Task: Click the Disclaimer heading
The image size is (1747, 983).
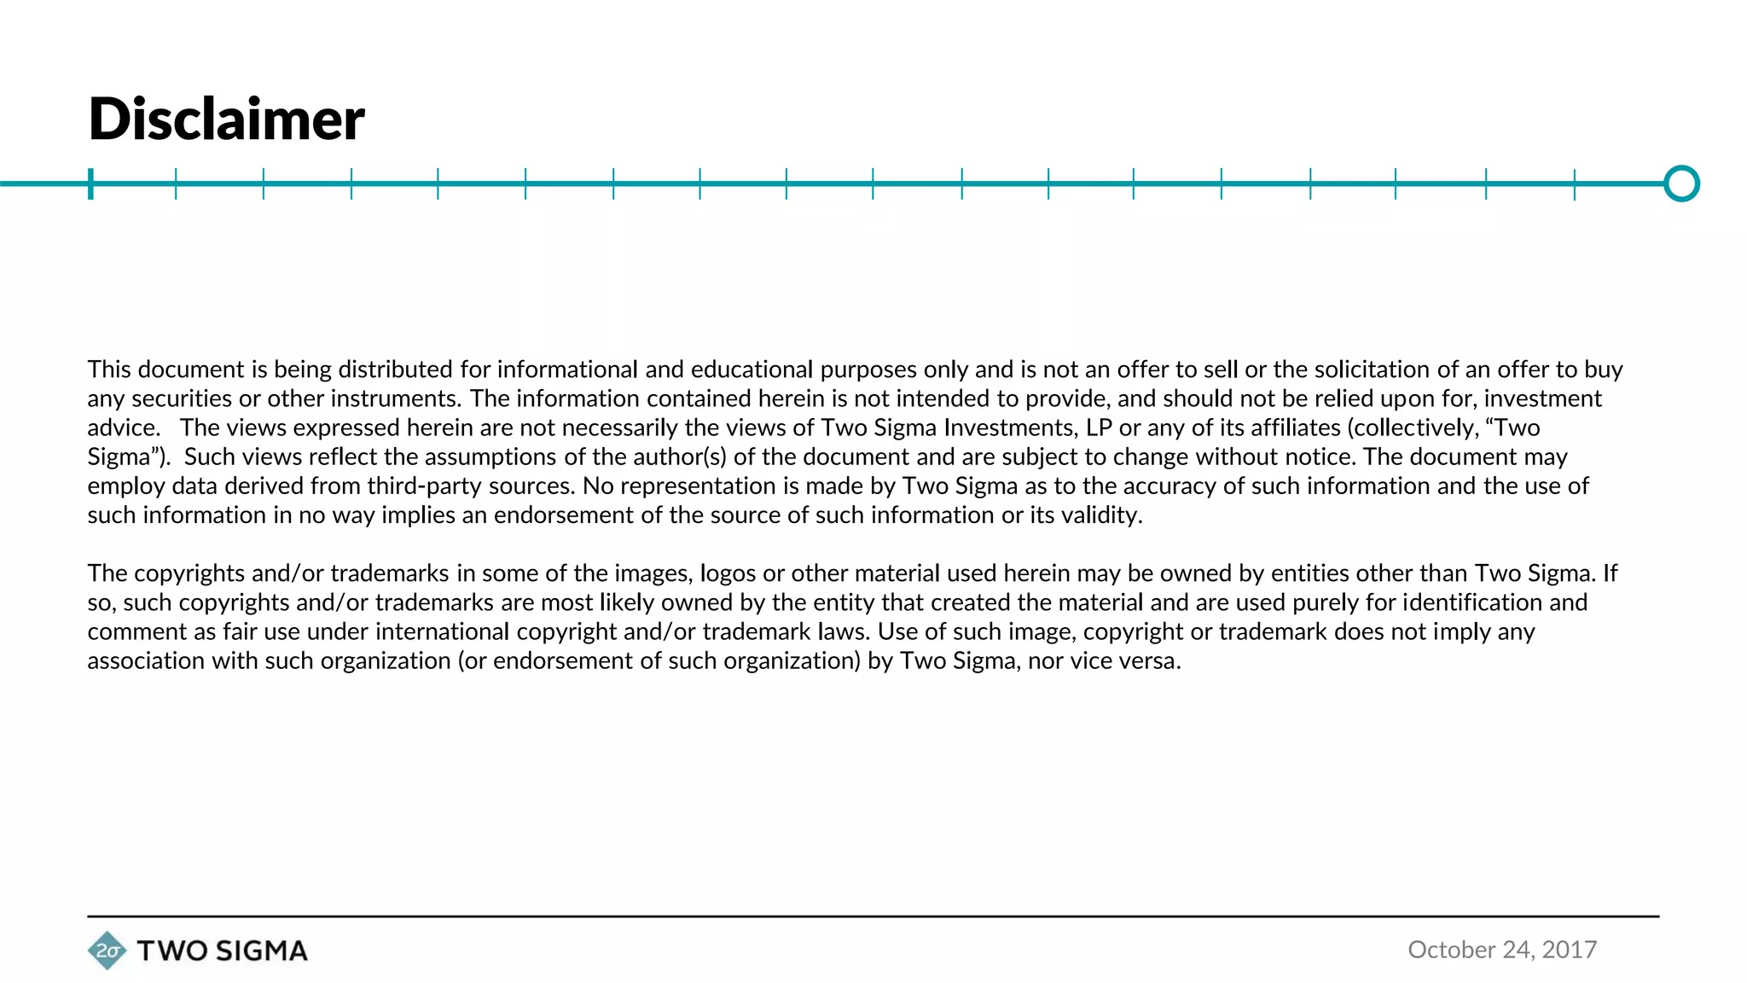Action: (226, 119)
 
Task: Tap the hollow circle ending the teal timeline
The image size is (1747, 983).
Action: (1681, 183)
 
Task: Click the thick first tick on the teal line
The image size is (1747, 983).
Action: (90, 183)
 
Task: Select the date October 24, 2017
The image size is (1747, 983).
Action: (1501, 949)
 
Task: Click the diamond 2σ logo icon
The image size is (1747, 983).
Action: (107, 951)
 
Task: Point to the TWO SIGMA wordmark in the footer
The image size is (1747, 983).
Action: (222, 951)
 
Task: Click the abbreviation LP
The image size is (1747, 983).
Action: (1099, 428)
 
